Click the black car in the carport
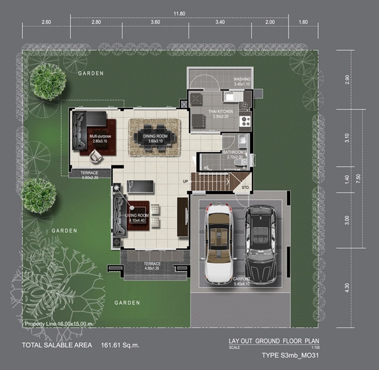tap(261, 244)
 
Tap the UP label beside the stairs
tap(185, 181)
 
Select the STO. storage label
tap(246, 187)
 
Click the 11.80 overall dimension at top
tap(180, 14)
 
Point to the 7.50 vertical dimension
tap(358, 179)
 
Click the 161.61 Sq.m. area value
tap(120, 345)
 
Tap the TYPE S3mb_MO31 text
tap(290, 355)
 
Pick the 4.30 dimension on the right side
tap(347, 288)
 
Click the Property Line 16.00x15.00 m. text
tap(59, 324)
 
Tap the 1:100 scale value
tap(315, 347)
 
